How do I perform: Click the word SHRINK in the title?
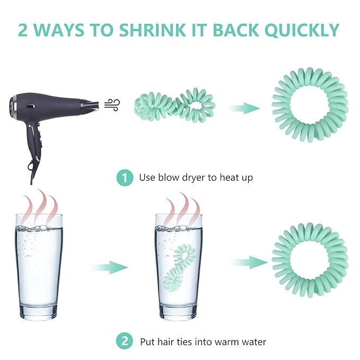(x=152, y=30)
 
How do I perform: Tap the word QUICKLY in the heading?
(x=302, y=30)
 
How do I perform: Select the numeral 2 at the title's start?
(x=23, y=30)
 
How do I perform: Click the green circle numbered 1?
(x=125, y=178)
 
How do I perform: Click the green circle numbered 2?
(x=125, y=341)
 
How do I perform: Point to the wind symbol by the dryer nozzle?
(x=112, y=105)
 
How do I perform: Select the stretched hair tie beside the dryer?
(x=175, y=105)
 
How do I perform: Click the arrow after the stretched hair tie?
(x=244, y=108)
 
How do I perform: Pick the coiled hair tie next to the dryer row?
(x=310, y=105)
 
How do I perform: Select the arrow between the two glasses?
(x=110, y=267)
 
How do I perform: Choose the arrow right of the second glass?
(x=249, y=262)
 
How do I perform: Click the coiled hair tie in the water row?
(x=310, y=260)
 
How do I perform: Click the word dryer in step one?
(x=194, y=178)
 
